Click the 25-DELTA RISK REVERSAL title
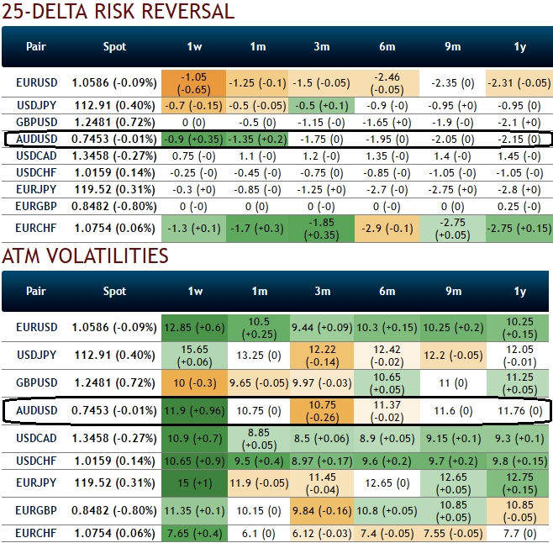coord(118,12)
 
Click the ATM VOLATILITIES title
coord(85,256)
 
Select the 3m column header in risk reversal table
coord(322,47)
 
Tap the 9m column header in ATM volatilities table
coord(454,291)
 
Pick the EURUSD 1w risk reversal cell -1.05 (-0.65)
coord(197,83)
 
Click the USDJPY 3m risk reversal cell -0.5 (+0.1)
coord(322,106)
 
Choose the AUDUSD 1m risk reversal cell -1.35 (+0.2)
coord(259,139)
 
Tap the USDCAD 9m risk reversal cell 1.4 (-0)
coord(454,156)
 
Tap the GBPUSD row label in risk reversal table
coord(35,122)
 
